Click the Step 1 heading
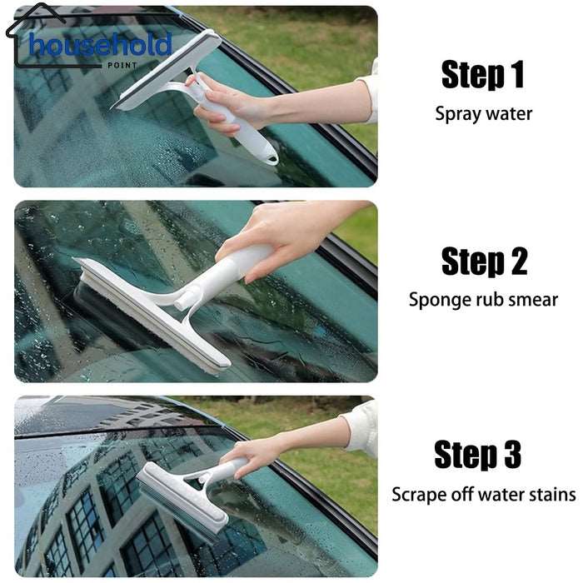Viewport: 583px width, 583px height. click(483, 75)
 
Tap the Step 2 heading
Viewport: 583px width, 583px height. click(483, 262)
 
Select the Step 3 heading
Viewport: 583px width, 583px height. click(477, 456)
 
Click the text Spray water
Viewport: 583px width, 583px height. click(483, 113)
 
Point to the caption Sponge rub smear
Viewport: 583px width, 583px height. click(483, 300)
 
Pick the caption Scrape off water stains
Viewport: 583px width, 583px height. click(483, 495)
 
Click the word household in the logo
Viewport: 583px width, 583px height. click(100, 45)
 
